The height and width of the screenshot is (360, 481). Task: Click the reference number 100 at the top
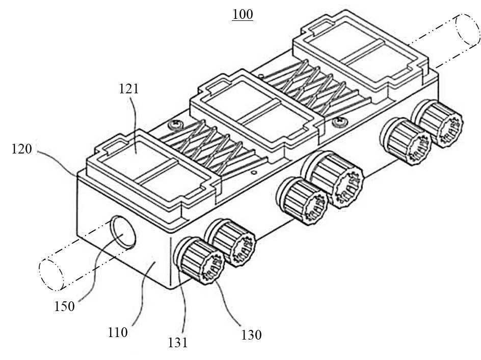tap(243, 14)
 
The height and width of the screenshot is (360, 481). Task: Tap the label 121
tap(129, 89)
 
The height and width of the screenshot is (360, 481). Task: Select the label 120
tap(22, 149)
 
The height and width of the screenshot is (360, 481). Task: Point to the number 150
tap(64, 306)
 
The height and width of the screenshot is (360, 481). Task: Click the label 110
tap(118, 332)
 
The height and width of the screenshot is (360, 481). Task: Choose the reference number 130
tap(251, 335)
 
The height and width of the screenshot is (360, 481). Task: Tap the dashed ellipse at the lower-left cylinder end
tap(51, 275)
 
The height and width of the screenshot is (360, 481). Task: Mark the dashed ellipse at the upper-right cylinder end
tap(468, 30)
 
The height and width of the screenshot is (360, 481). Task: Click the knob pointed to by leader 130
tap(199, 261)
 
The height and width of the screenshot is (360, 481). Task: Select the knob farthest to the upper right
tap(438, 123)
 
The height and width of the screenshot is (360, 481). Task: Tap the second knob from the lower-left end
tap(230, 242)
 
